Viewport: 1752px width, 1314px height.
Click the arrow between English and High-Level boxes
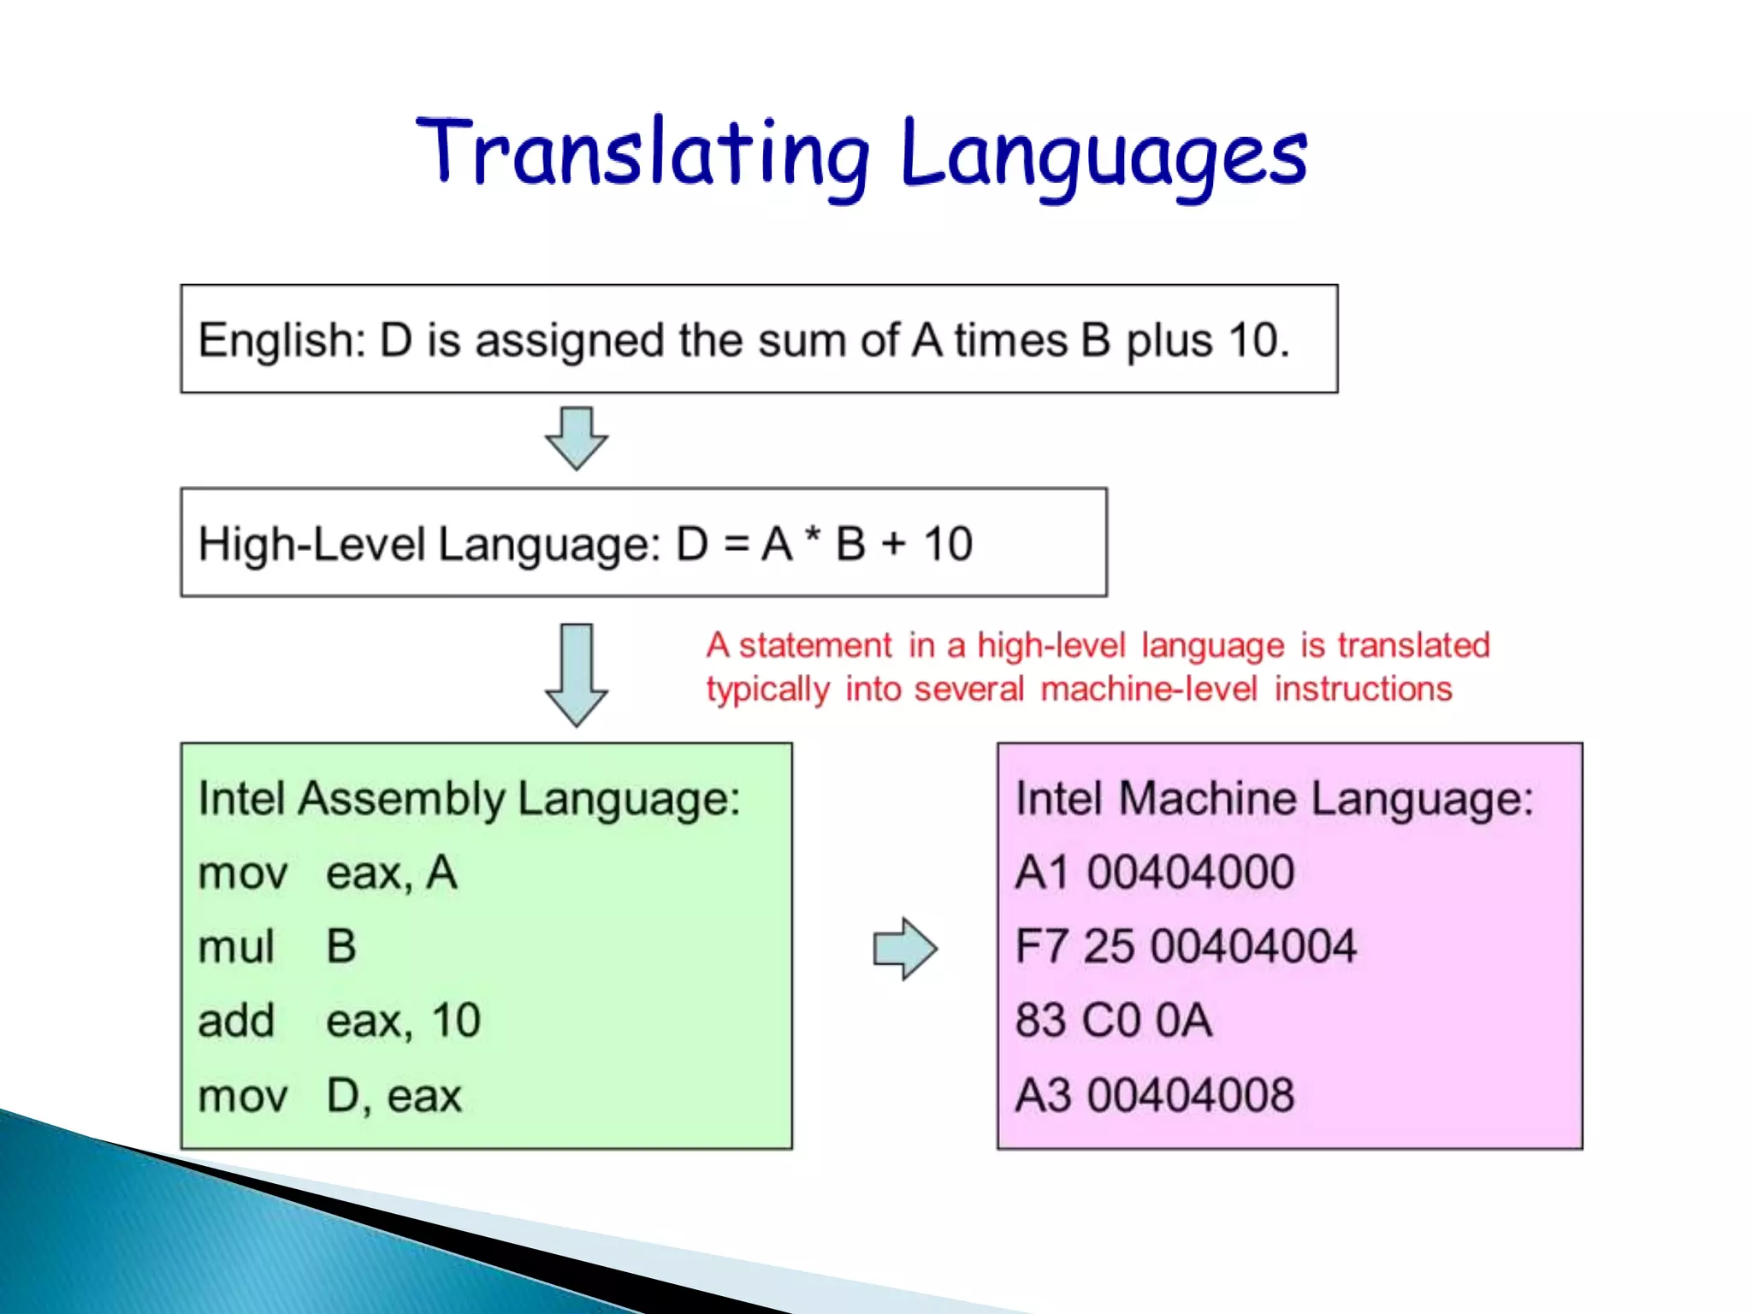(x=577, y=438)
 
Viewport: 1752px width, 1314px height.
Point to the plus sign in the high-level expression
(x=893, y=544)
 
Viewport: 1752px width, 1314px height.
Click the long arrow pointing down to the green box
(x=577, y=674)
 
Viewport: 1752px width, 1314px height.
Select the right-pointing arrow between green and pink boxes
(x=905, y=949)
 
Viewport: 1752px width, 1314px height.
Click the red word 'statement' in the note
(x=814, y=646)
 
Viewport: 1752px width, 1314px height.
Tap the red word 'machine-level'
(x=1149, y=690)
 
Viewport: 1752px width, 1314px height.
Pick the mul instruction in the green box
(x=236, y=947)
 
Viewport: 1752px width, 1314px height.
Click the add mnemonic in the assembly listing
(x=236, y=1021)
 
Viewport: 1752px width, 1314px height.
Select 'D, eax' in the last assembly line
(x=394, y=1096)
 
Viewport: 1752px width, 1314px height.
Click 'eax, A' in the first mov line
(x=392, y=873)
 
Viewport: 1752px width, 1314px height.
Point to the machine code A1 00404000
(x=1154, y=873)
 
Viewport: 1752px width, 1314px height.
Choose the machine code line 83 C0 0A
(x=1113, y=1021)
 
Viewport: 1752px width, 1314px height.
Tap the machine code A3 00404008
(x=1154, y=1095)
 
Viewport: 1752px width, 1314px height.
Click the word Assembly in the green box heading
(x=402, y=799)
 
